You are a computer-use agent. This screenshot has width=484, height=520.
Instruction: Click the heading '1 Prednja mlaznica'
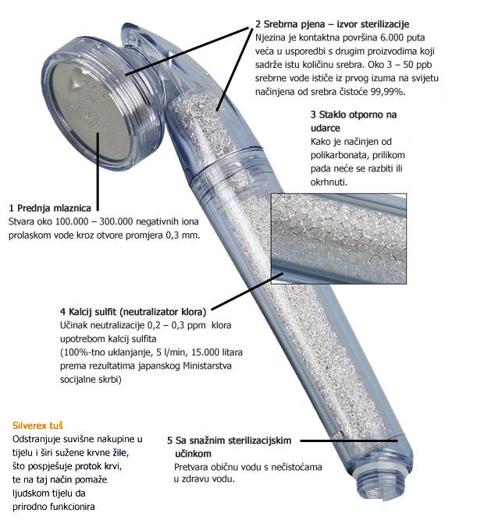pos(50,208)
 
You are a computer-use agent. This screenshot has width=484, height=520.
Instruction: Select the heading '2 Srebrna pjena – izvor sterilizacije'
pos(332,24)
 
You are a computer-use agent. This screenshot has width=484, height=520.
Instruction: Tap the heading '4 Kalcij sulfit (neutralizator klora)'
pos(133,312)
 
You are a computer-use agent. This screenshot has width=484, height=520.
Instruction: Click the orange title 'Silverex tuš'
pos(37,426)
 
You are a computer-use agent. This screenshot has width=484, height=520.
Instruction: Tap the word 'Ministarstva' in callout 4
pos(207,366)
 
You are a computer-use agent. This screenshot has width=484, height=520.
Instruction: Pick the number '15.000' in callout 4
pos(202,352)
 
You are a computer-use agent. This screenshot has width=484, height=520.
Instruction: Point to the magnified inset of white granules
pos(339,239)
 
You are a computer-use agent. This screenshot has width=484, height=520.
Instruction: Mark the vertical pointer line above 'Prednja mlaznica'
pos(98,172)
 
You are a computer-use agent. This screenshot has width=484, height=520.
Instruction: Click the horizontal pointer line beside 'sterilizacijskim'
pos(349,440)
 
